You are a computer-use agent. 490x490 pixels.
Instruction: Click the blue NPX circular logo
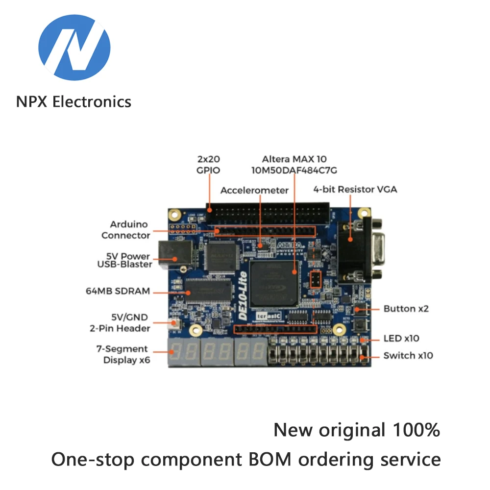(x=74, y=48)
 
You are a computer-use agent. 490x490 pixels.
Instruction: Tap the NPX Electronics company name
(x=73, y=101)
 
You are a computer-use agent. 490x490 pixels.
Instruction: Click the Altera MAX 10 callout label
(x=294, y=165)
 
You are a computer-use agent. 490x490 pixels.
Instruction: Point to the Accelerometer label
(x=254, y=190)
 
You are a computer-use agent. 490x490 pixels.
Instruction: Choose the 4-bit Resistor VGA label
(x=355, y=189)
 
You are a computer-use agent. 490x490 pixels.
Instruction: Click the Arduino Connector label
(x=126, y=230)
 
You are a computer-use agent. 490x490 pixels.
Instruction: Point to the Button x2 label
(x=406, y=309)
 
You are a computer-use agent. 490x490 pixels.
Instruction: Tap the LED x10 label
(x=401, y=338)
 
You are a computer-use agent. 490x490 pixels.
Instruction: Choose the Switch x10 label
(x=408, y=355)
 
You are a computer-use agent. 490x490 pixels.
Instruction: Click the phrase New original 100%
(x=356, y=430)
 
